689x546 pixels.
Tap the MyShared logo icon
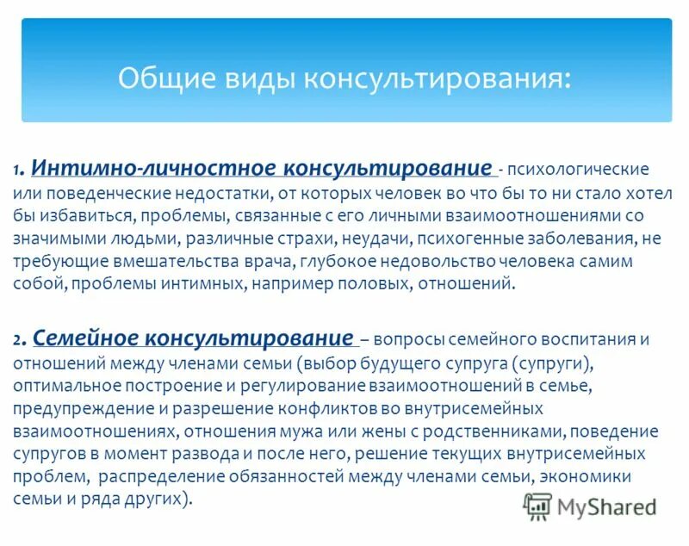pos(538,506)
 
